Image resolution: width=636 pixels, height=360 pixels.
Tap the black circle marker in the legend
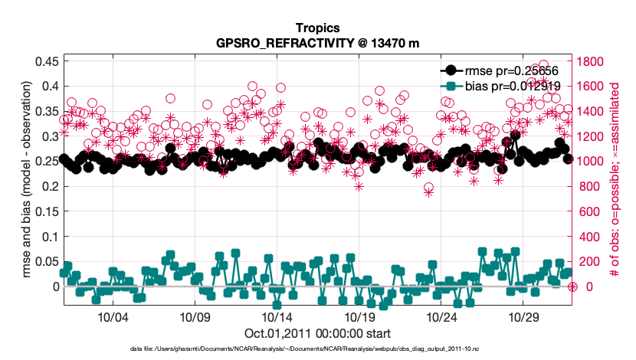(452, 70)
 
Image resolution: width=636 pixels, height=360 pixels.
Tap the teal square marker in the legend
(452, 86)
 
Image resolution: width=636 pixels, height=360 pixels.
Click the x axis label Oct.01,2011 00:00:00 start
(318, 334)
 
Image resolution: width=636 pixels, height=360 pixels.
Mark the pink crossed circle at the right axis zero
(572, 286)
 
